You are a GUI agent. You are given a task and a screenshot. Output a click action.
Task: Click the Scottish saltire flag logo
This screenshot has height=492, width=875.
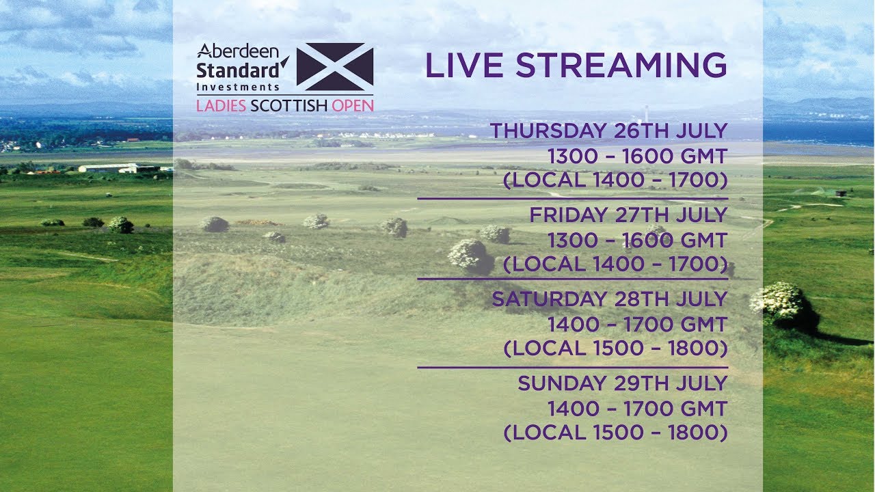(335, 67)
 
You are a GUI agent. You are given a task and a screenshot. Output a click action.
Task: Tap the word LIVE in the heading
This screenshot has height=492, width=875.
(464, 65)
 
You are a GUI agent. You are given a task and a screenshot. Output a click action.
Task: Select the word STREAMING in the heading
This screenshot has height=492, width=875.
(621, 65)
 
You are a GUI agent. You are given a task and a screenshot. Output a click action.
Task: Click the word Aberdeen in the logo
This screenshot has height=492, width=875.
(238, 51)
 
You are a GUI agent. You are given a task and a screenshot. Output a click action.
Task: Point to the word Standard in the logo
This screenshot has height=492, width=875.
(238, 70)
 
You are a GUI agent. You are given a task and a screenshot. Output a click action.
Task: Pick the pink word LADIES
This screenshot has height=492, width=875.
(221, 106)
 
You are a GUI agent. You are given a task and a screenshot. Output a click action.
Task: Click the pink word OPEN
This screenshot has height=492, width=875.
(353, 106)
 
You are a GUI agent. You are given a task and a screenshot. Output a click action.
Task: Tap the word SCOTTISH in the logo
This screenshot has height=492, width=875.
(288, 106)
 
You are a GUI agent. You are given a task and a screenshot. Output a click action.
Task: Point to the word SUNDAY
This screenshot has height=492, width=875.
(563, 383)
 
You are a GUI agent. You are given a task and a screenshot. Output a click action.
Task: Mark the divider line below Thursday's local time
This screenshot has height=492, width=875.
(573, 198)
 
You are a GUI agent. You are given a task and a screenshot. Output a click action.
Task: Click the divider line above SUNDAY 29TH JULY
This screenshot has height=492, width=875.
(573, 368)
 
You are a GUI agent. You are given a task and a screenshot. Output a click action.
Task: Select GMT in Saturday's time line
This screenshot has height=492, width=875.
(703, 325)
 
